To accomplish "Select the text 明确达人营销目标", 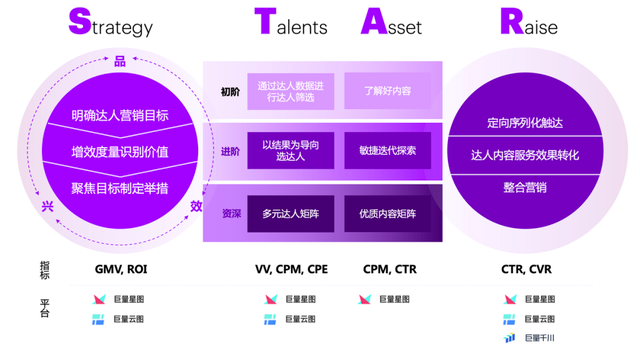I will click(x=119, y=116).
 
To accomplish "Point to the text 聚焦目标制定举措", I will click(x=119, y=187).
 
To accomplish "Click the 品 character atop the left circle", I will click(x=120, y=63).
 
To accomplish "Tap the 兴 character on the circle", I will click(x=46, y=206).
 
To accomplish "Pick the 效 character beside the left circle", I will click(x=196, y=206).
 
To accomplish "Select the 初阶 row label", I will click(x=230, y=92).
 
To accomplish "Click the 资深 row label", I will click(x=230, y=213).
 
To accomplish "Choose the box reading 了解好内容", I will click(x=387, y=91).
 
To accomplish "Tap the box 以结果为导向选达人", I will click(x=290, y=151).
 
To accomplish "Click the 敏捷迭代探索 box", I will click(x=387, y=151).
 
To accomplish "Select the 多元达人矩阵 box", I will click(x=290, y=213).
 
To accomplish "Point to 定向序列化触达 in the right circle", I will click(x=525, y=123).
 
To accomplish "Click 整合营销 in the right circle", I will click(x=525, y=187).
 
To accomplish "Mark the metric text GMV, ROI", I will click(x=120, y=269).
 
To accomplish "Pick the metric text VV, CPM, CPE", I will click(x=292, y=269).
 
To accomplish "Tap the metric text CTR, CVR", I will click(x=526, y=269).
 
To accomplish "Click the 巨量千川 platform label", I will click(x=538, y=338).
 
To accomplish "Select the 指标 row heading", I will click(x=45, y=268).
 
